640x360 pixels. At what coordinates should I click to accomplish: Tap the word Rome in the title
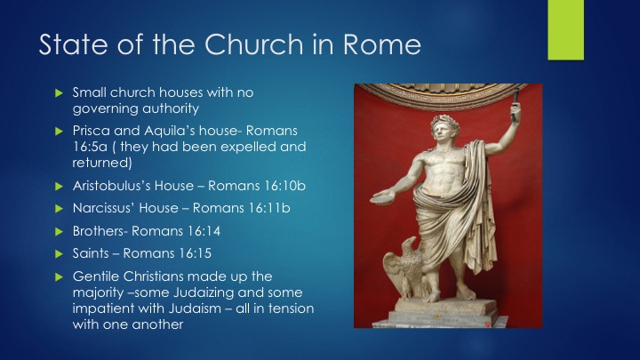(381, 44)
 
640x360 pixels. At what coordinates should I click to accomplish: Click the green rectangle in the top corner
(565, 30)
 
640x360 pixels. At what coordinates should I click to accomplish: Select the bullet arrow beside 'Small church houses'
(60, 93)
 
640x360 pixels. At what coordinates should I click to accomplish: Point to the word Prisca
(91, 131)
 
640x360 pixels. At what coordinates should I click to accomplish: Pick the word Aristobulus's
(111, 186)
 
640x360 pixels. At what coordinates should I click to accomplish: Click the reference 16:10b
(285, 186)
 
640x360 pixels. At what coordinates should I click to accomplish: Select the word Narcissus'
(104, 208)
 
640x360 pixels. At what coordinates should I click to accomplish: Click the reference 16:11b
(270, 208)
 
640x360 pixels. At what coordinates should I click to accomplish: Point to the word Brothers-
(100, 231)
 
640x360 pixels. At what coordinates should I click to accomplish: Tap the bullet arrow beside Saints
(60, 254)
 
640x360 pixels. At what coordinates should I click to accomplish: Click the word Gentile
(96, 276)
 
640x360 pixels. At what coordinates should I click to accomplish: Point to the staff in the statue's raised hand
(515, 104)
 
